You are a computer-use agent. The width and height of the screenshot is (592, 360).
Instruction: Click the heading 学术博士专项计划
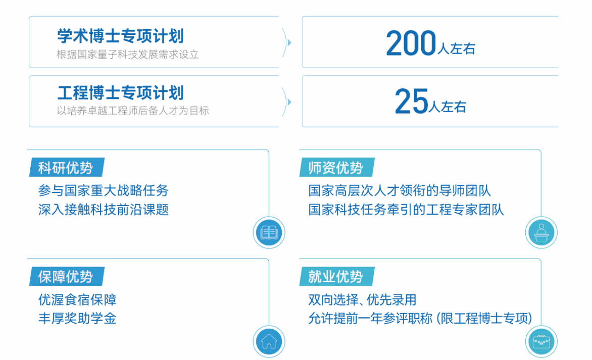click(x=120, y=36)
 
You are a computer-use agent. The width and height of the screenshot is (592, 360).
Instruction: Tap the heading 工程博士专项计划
click(x=120, y=93)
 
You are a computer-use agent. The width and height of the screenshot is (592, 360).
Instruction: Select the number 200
click(x=411, y=43)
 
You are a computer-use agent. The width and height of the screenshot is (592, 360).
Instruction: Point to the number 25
click(x=412, y=101)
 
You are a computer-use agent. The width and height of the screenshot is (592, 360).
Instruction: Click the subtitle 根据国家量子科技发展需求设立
click(x=128, y=55)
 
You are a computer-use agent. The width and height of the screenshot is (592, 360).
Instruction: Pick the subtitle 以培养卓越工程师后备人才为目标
click(x=133, y=111)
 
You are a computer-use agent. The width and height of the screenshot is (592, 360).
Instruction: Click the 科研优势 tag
click(x=67, y=167)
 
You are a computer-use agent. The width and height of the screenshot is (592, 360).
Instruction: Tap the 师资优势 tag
click(x=337, y=167)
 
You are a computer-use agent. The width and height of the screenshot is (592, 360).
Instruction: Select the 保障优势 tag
click(x=67, y=277)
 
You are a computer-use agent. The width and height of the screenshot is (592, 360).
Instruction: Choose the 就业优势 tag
click(x=337, y=277)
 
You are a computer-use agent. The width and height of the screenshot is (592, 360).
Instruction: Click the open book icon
click(x=269, y=232)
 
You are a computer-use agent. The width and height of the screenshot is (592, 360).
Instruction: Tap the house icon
click(x=269, y=341)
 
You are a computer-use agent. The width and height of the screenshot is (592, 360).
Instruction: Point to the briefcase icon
click(x=541, y=341)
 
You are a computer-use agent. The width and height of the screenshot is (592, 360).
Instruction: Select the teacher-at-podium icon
click(x=541, y=232)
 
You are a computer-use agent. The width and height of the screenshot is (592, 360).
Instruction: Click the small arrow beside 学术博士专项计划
click(x=289, y=42)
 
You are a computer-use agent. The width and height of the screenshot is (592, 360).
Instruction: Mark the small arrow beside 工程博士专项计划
click(x=289, y=102)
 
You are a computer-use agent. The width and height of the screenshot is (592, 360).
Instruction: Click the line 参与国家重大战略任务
click(x=103, y=190)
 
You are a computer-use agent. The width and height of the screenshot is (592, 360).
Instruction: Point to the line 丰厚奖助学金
click(x=77, y=319)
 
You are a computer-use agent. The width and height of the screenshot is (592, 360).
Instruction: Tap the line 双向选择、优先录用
click(x=362, y=300)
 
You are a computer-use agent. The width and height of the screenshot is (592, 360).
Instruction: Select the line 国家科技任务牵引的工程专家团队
click(x=406, y=210)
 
